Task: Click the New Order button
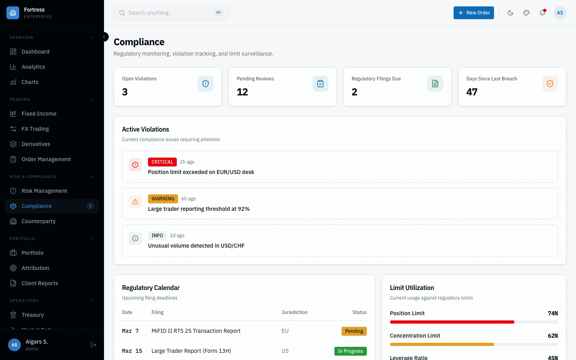coord(474,13)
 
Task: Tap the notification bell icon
coord(542,13)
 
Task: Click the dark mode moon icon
coord(510,13)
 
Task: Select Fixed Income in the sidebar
coord(39,114)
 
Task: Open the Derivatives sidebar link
coord(36,144)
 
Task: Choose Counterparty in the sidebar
coord(38,221)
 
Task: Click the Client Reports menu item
coord(40,283)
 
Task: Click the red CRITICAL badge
coord(162,162)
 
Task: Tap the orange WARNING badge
coord(163,199)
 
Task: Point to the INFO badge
coord(157,236)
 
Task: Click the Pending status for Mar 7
coord(354,331)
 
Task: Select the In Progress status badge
coord(350,351)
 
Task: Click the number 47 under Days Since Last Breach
coord(472,92)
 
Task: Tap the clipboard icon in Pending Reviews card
coord(320,84)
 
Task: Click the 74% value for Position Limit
coord(553,313)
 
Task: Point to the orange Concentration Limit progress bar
coord(442,344)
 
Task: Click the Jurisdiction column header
coord(294,312)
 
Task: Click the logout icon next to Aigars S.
coord(94,345)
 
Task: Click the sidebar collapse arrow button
coord(104,37)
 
